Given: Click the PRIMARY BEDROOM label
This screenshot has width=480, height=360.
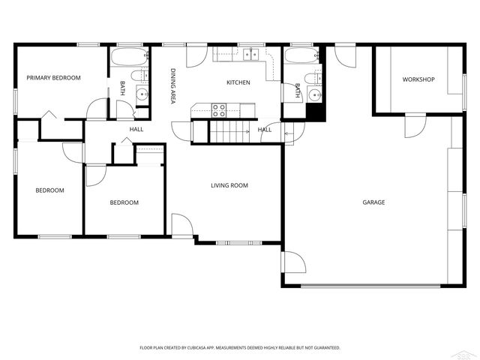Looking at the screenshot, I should [53, 78].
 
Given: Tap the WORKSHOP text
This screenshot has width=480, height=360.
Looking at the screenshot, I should [418, 79].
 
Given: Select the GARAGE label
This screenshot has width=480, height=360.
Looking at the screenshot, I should [373, 202].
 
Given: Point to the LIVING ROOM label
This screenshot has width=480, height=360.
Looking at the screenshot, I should [229, 185].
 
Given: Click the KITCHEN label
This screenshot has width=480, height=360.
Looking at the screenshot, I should [238, 82].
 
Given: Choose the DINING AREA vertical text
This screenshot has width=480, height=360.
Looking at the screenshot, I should [172, 85].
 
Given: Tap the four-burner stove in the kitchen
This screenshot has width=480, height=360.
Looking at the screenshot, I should [219, 110].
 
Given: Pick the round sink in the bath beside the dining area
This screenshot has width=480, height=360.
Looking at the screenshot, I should [142, 94].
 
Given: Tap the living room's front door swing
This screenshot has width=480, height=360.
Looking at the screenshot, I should [181, 226].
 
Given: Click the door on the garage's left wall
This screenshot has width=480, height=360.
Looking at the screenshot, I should [292, 262].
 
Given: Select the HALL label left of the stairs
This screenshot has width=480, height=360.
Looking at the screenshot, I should [136, 130].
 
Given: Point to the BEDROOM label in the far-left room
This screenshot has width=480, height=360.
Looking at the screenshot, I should [49, 190].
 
